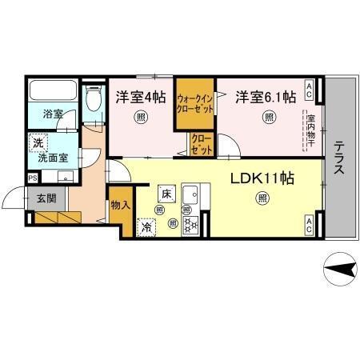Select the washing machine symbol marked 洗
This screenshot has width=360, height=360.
point(37,144)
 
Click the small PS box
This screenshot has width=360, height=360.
point(32,178)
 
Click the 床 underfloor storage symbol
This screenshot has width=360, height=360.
point(166,194)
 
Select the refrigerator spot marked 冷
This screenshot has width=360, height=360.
point(147,226)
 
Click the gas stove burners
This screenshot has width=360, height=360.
point(192,225)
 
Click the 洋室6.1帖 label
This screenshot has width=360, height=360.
point(266,98)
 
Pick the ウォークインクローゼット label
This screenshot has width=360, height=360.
point(195,102)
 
